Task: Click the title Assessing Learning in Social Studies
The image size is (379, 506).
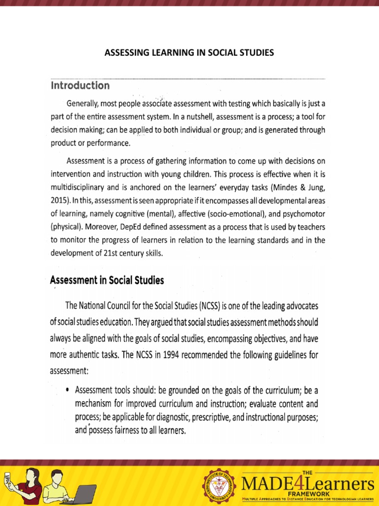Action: click(x=189, y=52)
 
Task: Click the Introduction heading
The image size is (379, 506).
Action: click(x=80, y=85)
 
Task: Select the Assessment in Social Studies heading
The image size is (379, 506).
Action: click(x=107, y=280)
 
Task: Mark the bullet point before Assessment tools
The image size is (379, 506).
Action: click(x=67, y=390)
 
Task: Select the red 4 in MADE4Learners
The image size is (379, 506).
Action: click(x=289, y=482)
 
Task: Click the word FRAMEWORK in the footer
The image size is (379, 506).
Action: click(x=307, y=494)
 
